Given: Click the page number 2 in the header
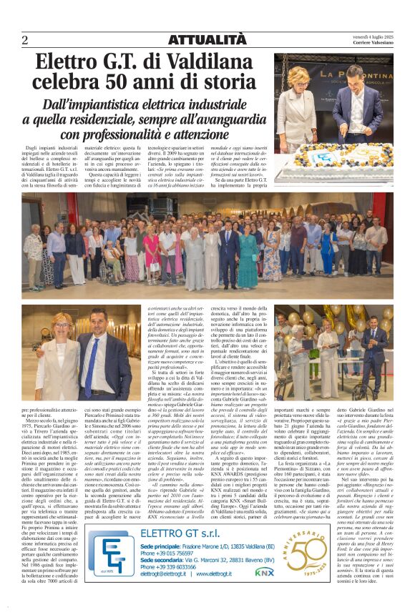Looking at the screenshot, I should click(x=24, y=39).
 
